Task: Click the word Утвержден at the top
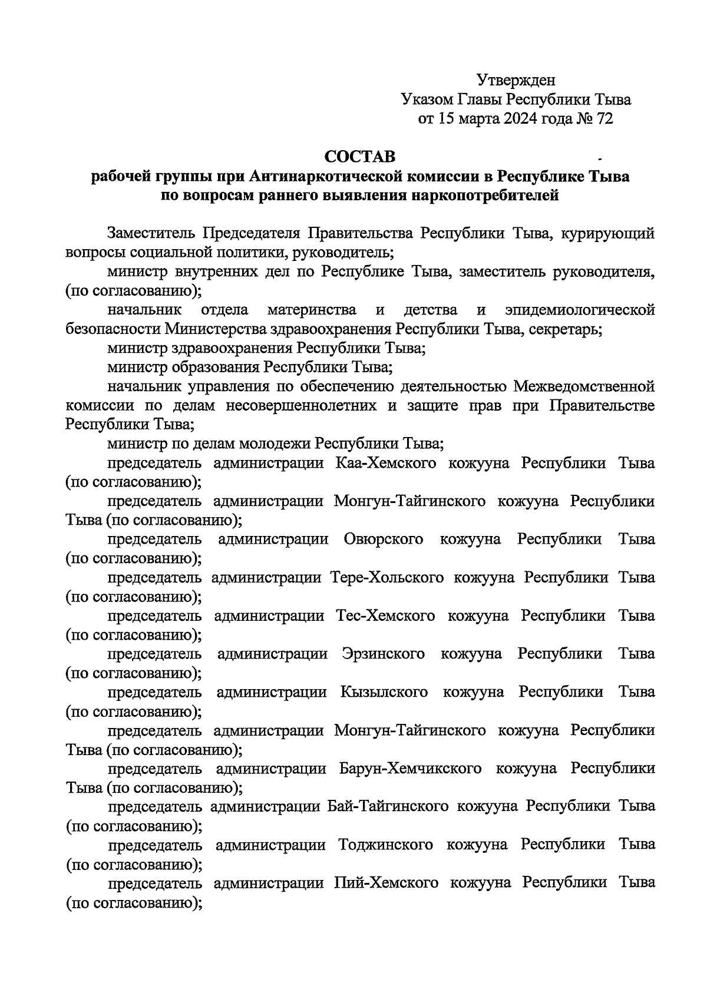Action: coord(516,80)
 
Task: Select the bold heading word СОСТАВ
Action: coord(361,157)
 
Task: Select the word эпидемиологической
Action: coord(580,310)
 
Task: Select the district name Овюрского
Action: coord(382,539)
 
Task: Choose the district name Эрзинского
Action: coord(383,654)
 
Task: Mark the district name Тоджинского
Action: coord(386,845)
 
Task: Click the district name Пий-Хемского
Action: coord(386,883)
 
